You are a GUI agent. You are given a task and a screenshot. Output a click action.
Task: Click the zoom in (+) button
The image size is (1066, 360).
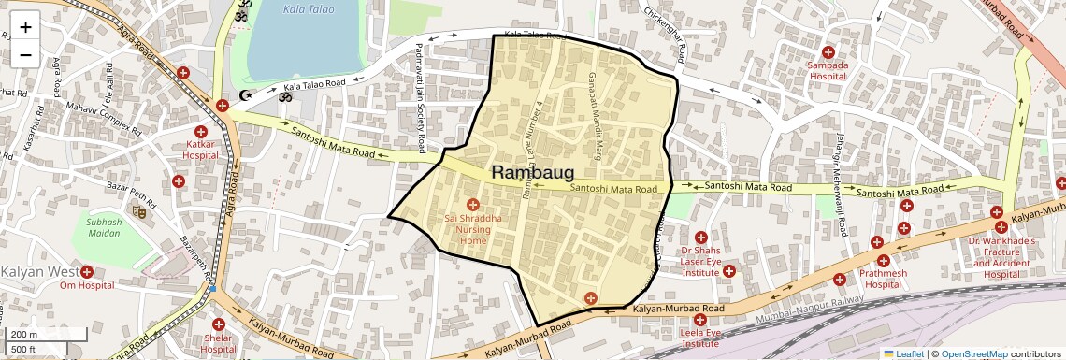[x=25, y=27]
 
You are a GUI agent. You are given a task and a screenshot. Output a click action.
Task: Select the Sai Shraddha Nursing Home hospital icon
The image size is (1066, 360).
[x=472, y=204]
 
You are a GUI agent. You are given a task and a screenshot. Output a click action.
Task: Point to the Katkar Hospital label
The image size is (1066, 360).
[x=200, y=149]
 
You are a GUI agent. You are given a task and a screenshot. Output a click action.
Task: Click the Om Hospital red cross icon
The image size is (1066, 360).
[x=87, y=272]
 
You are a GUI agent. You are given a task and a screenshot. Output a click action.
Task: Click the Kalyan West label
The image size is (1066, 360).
[x=38, y=272]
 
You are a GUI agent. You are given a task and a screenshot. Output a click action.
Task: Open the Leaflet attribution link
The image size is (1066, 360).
[x=903, y=353]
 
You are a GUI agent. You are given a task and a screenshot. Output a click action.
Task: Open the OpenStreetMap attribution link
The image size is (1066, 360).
[x=973, y=353]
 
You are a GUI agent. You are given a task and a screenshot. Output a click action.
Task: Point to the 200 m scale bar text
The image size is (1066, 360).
[x=24, y=334]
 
